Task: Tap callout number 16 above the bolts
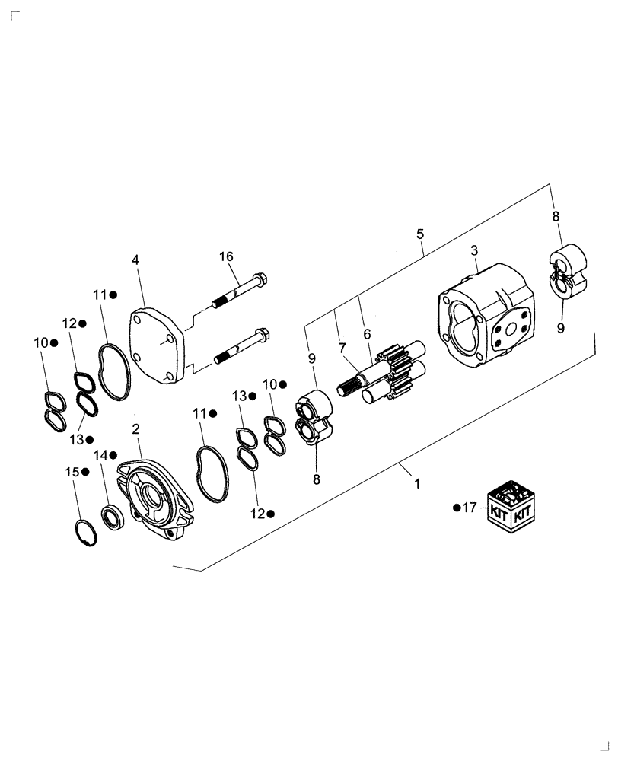[226, 256]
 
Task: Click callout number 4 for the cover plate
[135, 260]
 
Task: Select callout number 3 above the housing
[473, 250]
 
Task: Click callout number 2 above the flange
[135, 430]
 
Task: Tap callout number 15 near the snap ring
[71, 473]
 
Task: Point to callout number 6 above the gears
[367, 333]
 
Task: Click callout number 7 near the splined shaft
[342, 348]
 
